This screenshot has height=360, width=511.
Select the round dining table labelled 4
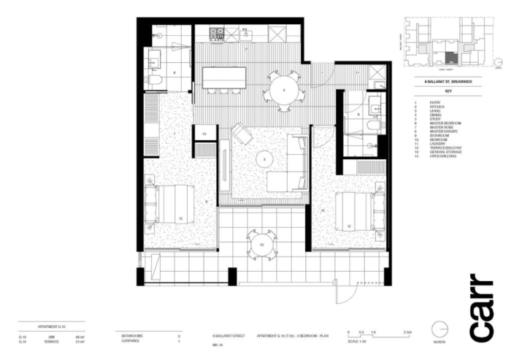click(283, 90)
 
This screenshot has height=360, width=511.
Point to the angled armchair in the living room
click(242, 135)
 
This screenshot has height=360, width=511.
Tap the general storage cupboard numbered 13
click(204, 134)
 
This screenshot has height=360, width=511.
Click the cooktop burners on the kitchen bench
click(217, 34)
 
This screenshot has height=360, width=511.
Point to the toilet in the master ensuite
click(155, 79)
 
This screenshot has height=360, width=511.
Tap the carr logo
click(481, 307)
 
